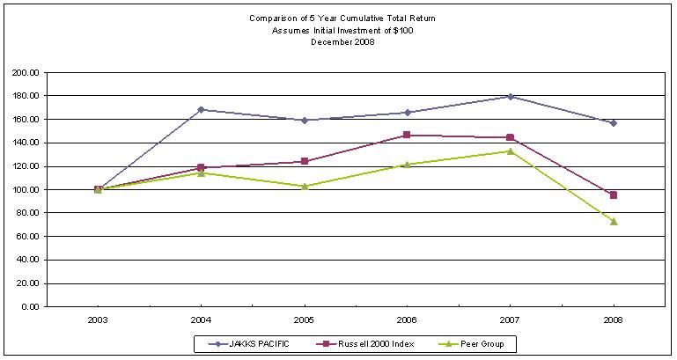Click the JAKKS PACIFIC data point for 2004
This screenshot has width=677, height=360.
coord(201,110)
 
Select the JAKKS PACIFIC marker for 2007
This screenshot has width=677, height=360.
coord(511,97)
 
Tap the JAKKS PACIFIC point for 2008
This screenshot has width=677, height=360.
coord(614,123)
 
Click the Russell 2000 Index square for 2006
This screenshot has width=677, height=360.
coord(407,136)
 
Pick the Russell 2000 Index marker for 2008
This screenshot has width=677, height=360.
coord(614,195)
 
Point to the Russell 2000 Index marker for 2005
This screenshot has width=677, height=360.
coord(304,161)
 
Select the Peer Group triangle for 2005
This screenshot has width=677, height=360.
coord(304,186)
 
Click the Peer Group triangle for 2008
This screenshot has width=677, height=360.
coord(614,221)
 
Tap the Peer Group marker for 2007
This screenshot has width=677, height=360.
coord(511,151)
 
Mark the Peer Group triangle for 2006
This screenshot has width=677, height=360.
coord(407,164)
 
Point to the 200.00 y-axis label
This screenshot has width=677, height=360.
coord(26,72)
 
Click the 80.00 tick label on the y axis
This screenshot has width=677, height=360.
coord(28,213)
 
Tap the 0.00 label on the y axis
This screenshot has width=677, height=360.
coord(31,307)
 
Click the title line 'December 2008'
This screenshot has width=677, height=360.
coord(343,42)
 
